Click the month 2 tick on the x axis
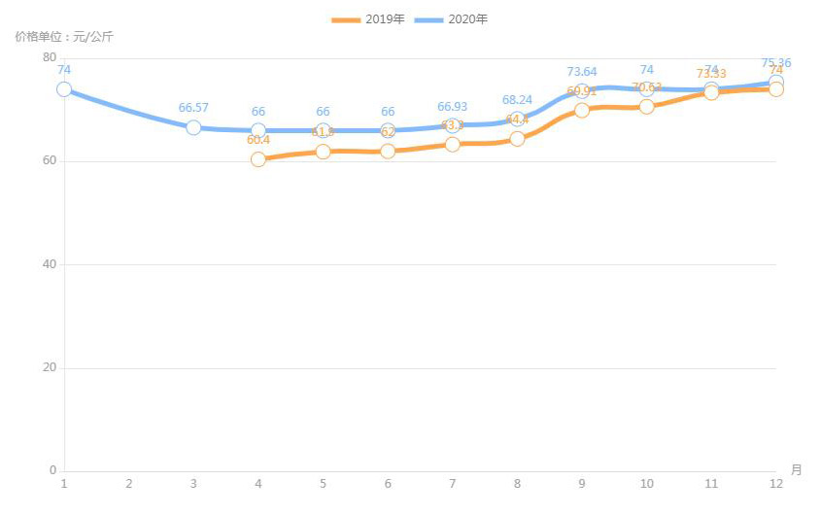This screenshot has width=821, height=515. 128,483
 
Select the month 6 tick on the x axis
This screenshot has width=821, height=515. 388,483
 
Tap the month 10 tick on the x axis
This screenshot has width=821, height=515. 646,483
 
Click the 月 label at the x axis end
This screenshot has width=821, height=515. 796,470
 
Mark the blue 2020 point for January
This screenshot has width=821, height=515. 64,89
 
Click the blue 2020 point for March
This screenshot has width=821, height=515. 193,127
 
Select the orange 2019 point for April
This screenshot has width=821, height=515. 258,159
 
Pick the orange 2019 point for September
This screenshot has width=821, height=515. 582,110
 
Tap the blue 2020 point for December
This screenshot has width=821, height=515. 776,83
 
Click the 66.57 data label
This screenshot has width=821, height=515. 193,108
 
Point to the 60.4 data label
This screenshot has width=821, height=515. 258,140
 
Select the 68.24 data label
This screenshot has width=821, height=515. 517,99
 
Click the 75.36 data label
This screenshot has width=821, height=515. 776,63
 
